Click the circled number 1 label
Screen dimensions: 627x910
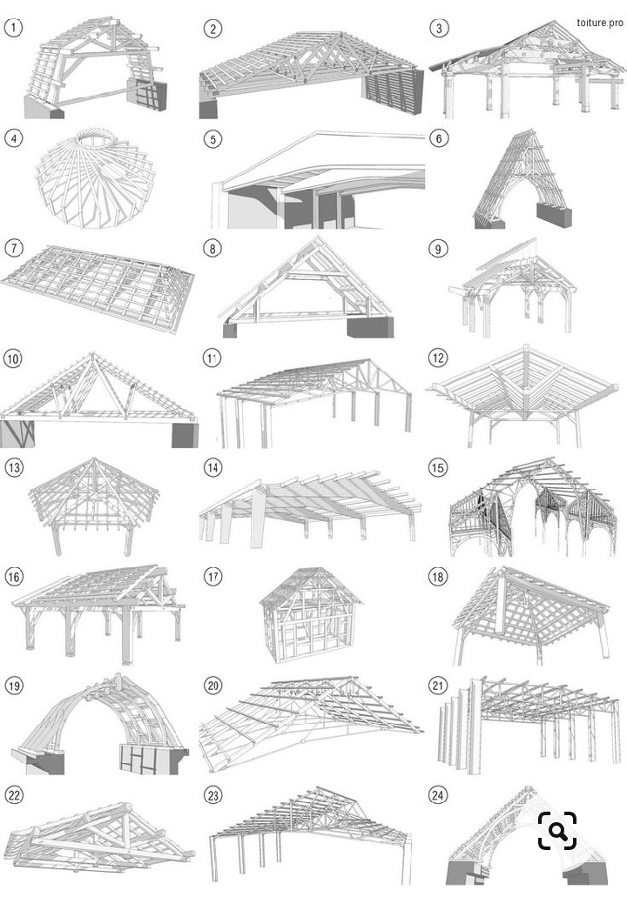(x=13, y=27)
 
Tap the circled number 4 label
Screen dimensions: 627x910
(x=13, y=138)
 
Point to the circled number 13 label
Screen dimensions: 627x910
(x=13, y=467)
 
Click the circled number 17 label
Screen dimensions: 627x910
(x=212, y=576)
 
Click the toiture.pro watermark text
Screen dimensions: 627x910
(x=600, y=23)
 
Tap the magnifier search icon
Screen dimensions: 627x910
(x=557, y=831)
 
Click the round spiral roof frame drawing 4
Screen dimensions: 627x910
(x=95, y=178)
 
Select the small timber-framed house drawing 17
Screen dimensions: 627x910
(x=310, y=615)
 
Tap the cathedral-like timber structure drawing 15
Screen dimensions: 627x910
(x=532, y=506)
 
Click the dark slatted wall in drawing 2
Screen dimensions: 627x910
(x=393, y=91)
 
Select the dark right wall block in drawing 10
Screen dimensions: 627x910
(x=185, y=435)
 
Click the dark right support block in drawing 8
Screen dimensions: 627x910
(x=370, y=327)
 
